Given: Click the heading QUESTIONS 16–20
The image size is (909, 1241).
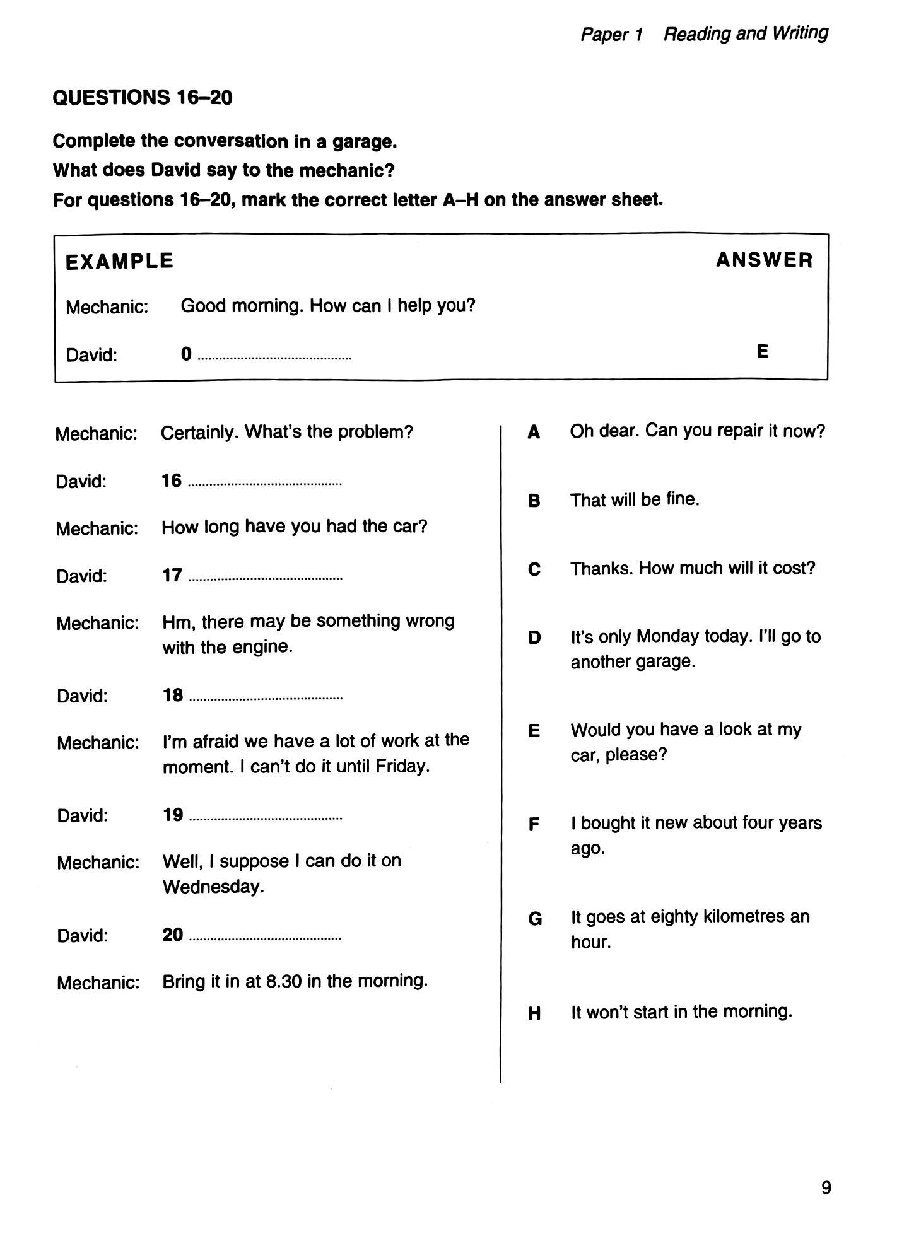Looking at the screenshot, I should (x=143, y=97).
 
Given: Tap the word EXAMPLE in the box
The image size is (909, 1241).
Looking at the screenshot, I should (x=119, y=261).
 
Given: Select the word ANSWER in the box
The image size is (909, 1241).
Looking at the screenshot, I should (x=764, y=260).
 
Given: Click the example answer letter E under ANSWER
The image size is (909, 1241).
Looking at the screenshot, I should (x=763, y=351).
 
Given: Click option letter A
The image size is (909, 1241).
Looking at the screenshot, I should (x=534, y=432).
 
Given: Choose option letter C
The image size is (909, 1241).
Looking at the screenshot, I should (x=534, y=569).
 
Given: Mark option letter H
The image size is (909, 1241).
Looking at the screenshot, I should (x=534, y=1013).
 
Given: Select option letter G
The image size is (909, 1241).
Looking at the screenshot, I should (x=535, y=919).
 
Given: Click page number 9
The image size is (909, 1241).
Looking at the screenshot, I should (x=826, y=1188).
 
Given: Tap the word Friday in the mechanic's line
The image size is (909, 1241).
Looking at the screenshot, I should (x=402, y=766).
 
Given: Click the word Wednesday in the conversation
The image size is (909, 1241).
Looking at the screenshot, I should (x=213, y=887).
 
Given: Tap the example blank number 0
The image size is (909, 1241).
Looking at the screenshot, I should (x=186, y=354).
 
